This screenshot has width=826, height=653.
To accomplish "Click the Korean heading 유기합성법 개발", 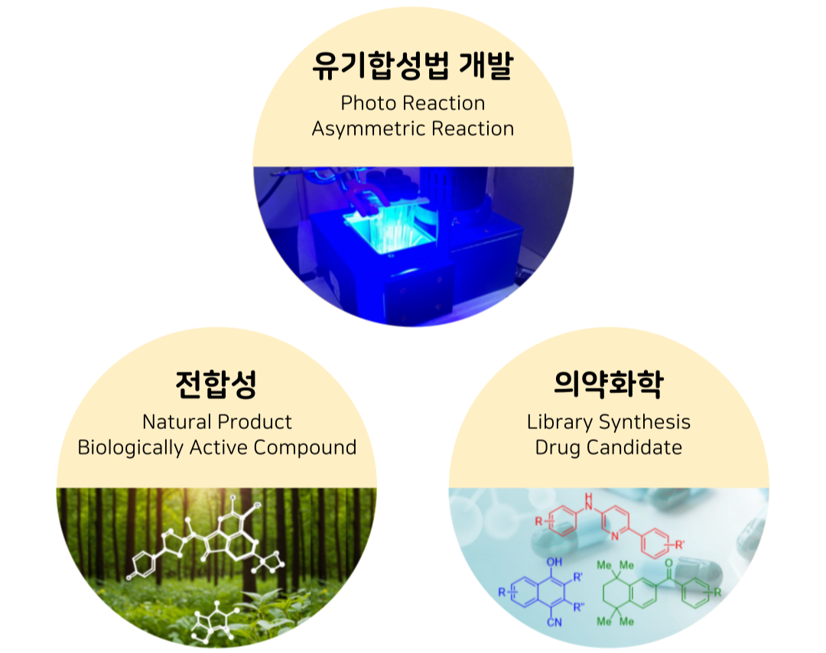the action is click(412, 66).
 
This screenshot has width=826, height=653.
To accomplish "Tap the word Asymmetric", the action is click(368, 129).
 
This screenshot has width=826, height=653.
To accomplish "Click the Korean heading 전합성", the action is click(216, 384).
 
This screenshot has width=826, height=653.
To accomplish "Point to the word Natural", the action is click(177, 422).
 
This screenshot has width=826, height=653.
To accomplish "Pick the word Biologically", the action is click(131, 447).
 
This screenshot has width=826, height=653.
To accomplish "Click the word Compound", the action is click(305, 447).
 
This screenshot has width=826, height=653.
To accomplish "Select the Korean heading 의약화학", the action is click(609, 383).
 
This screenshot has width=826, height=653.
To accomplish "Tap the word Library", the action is click(560, 422).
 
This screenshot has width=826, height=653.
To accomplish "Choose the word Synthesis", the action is click(645, 422).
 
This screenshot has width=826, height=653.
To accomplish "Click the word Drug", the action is click(558, 447).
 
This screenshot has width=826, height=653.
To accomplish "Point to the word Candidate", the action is click(635, 447).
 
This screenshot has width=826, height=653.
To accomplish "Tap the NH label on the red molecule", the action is click(588, 502).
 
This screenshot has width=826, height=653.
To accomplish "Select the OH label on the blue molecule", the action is click(554, 562).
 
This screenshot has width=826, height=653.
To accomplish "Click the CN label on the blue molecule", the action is click(554, 622).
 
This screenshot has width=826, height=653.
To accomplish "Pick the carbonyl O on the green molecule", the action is click(668, 563).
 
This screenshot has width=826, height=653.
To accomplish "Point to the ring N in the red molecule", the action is click(615, 537).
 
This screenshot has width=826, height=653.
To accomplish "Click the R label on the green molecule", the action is click(717, 593).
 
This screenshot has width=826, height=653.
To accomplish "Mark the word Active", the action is click(219, 447).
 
